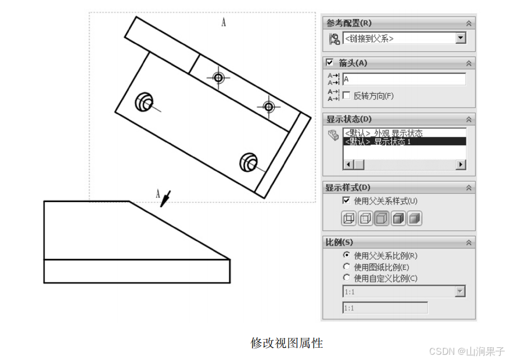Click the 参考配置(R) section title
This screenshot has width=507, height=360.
(x=349, y=23)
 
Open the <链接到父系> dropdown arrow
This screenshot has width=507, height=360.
(x=461, y=38)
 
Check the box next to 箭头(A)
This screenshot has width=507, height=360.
(x=330, y=63)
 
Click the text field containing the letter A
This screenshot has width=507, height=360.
(x=404, y=79)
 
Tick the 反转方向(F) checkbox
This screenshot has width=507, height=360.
(x=346, y=95)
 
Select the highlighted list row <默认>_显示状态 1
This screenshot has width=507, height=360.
(x=404, y=142)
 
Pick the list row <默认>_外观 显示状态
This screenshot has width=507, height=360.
(x=404, y=134)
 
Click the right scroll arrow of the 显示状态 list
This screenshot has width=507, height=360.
(x=461, y=165)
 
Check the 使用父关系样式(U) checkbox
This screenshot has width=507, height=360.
(x=346, y=201)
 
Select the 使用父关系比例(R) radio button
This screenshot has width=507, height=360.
(x=347, y=255)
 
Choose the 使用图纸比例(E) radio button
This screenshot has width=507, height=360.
(x=347, y=267)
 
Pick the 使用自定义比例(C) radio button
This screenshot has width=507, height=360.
(x=347, y=278)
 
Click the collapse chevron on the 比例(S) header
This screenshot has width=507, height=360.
(x=468, y=242)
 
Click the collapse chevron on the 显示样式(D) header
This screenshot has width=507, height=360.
(x=468, y=188)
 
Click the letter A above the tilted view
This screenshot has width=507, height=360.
(x=224, y=22)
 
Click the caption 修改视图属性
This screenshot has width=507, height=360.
(x=286, y=343)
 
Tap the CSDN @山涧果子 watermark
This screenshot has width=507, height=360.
(x=466, y=351)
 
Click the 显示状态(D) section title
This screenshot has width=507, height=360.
(x=349, y=119)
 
